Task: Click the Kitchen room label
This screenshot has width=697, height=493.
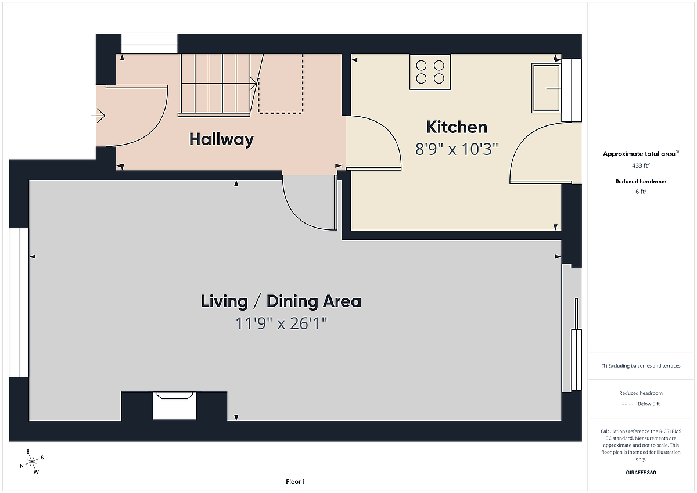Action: click(x=457, y=127)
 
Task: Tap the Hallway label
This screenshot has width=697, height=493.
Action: click(x=221, y=139)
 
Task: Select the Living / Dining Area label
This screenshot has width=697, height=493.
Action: click(x=281, y=301)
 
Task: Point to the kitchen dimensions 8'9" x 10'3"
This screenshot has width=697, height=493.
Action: click(x=457, y=149)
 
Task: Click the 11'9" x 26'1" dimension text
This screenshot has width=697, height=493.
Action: click(x=281, y=323)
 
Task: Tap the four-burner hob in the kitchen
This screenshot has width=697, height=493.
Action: click(x=430, y=72)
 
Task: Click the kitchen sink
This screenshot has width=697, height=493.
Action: click(x=546, y=88)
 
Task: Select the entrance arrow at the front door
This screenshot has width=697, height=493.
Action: click(x=98, y=116)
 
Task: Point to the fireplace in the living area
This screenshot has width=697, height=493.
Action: click(x=175, y=405)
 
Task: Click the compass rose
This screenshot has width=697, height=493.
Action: click(x=32, y=462)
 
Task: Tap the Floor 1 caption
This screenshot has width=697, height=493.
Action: click(x=295, y=481)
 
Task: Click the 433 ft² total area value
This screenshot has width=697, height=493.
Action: click(x=641, y=165)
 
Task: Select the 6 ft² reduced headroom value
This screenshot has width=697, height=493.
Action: click(x=641, y=192)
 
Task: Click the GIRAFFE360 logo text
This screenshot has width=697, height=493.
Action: click(x=641, y=473)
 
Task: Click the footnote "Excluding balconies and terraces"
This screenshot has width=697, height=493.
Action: click(x=644, y=366)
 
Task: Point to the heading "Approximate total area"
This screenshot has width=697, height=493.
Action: click(x=639, y=154)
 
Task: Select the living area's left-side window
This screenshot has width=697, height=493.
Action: click(x=19, y=303)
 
